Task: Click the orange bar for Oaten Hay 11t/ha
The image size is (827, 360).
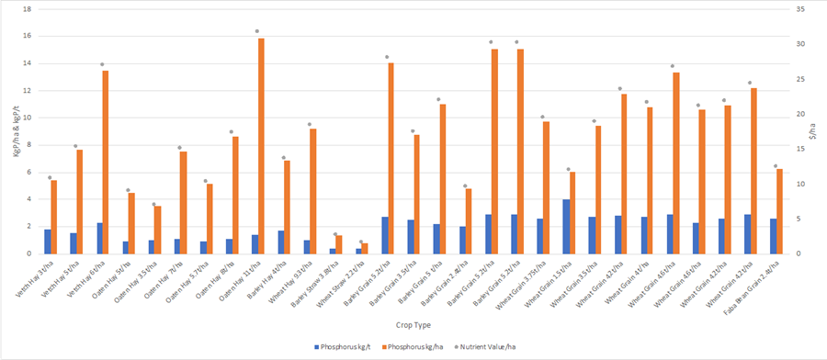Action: pos(261,145)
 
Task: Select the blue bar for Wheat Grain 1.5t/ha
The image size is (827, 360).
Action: pos(566,226)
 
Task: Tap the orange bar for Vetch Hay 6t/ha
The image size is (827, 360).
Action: pos(105,162)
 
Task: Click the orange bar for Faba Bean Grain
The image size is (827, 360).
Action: pos(780,211)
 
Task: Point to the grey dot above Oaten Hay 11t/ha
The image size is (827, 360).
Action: pos(256,31)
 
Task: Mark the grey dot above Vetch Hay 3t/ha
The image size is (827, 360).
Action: pos(50,177)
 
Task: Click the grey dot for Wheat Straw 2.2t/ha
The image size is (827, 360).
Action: pos(361,242)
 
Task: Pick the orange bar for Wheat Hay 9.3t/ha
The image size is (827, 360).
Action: pos(312,191)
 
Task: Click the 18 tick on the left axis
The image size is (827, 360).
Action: pos(27,9)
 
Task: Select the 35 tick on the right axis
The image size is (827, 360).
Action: pos(801,9)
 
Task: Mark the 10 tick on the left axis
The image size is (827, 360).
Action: pos(27,118)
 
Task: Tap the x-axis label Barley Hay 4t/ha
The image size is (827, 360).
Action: pos(272,276)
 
